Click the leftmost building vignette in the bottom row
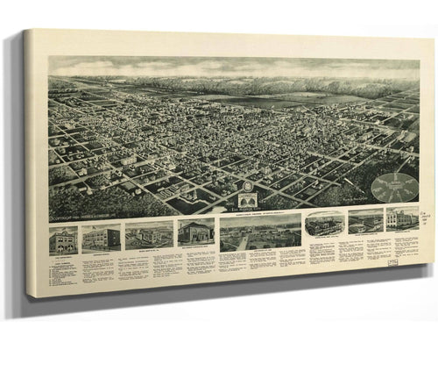coord(63,239)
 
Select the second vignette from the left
coord(100,238)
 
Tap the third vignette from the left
coord(149,235)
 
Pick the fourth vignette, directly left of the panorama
coord(196,232)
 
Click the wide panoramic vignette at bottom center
coord(259,232)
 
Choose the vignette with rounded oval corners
coord(324,224)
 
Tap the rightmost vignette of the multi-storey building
coord(403,218)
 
